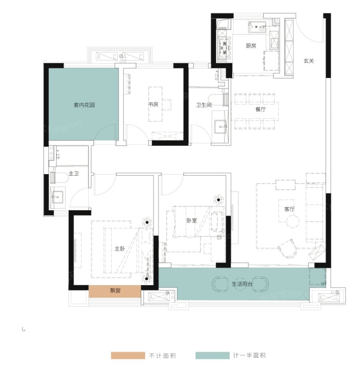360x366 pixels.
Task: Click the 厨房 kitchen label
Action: [251, 46]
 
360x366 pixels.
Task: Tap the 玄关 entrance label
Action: [309, 61]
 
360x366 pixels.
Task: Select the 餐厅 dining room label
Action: [261, 110]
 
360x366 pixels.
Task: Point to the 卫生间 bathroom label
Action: [203, 105]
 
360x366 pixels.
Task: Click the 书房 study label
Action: [153, 105]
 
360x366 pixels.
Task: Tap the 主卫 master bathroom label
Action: [74, 174]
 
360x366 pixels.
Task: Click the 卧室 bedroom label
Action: [192, 220]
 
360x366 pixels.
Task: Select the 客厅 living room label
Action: [289, 209]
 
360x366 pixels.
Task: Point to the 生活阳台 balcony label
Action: [242, 284]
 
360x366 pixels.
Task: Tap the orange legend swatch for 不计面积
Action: [127, 356]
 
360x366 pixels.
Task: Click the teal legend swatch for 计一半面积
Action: [211, 356]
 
